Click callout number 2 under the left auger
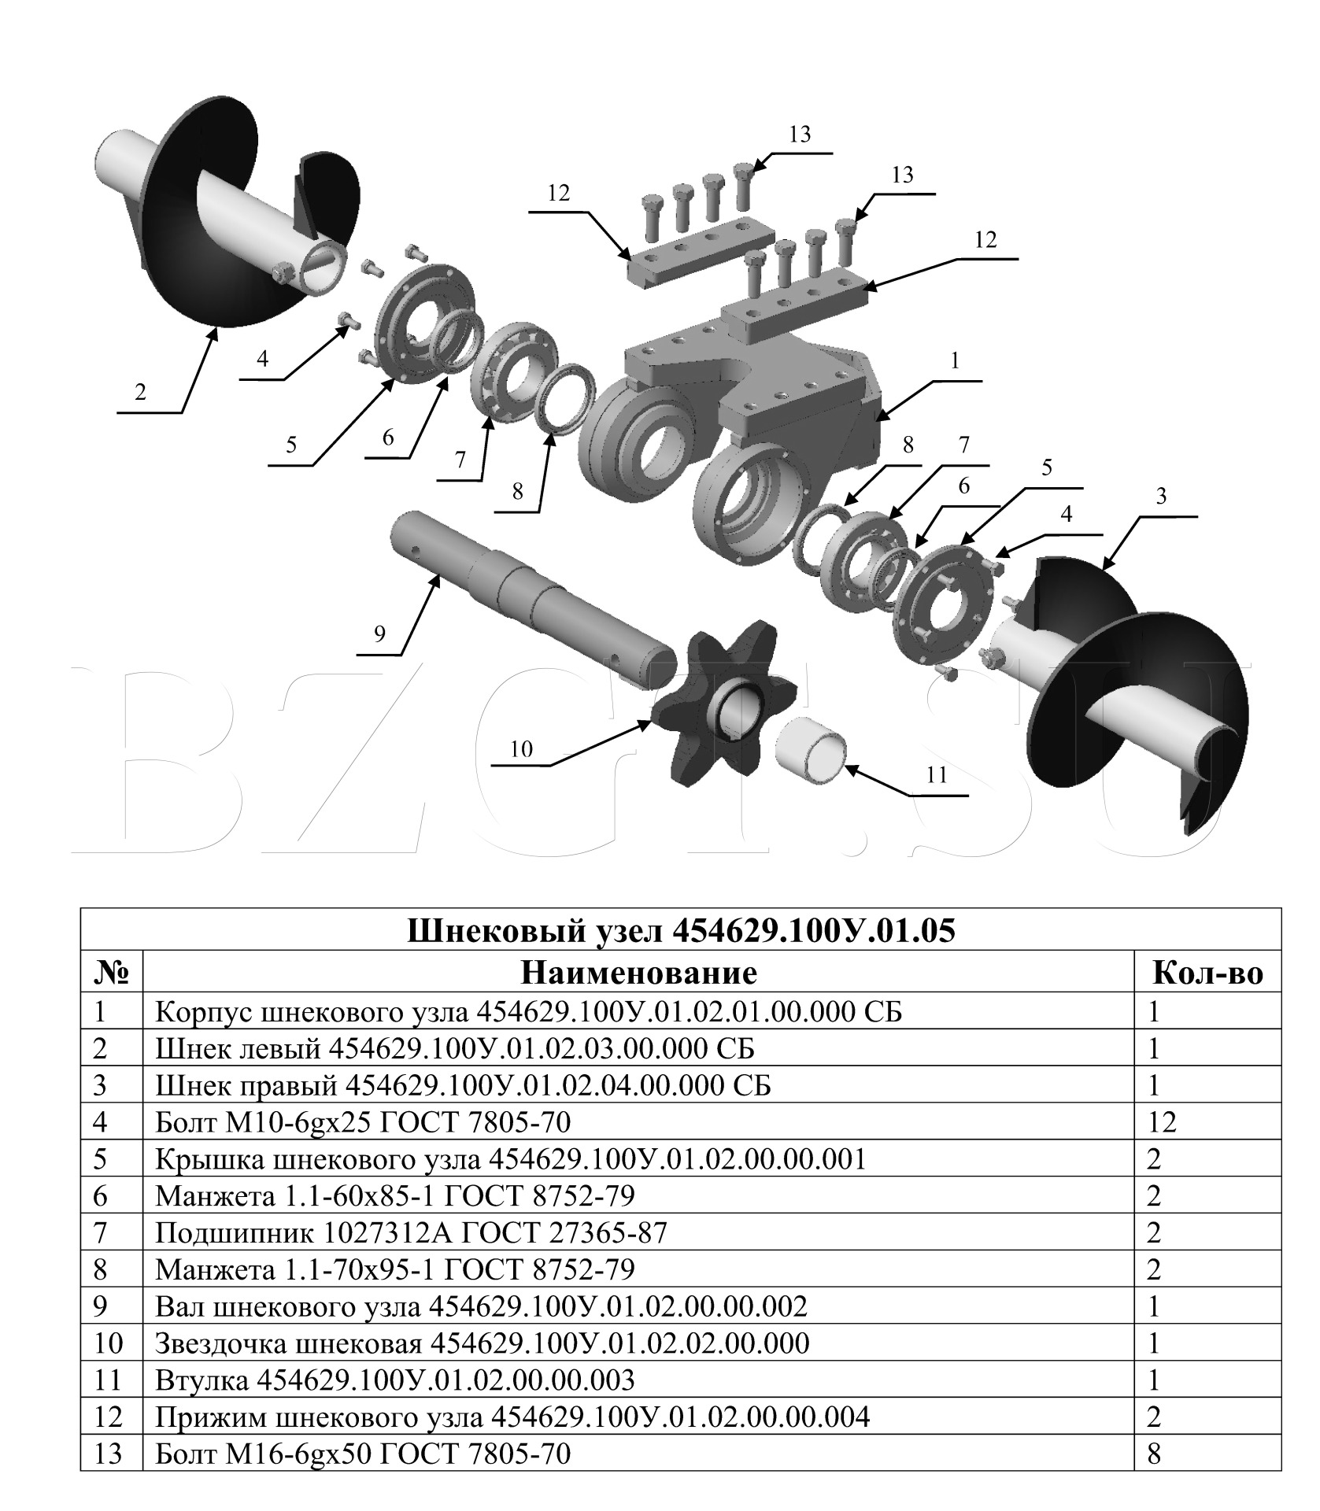140,391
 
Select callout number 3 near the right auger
1161,497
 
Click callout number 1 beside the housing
956,361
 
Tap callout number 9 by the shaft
379,634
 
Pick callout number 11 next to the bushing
937,774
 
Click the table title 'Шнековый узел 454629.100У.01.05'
682,930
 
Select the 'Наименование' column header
638,973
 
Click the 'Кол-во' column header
1207,973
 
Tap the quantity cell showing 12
1163,1122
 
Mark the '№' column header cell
111,973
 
